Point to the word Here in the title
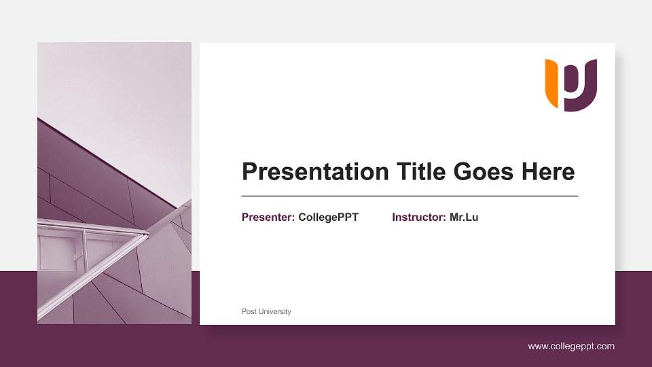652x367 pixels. tap(548, 172)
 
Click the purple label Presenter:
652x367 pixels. tap(268, 217)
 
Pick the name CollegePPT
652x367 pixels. tap(328, 217)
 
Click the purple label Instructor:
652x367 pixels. tap(419, 217)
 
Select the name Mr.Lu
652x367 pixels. tap(464, 217)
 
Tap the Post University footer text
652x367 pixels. tap(266, 311)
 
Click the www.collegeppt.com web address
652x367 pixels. tap(571, 347)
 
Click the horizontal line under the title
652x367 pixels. tap(410, 196)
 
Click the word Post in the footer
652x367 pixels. tap(248, 311)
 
